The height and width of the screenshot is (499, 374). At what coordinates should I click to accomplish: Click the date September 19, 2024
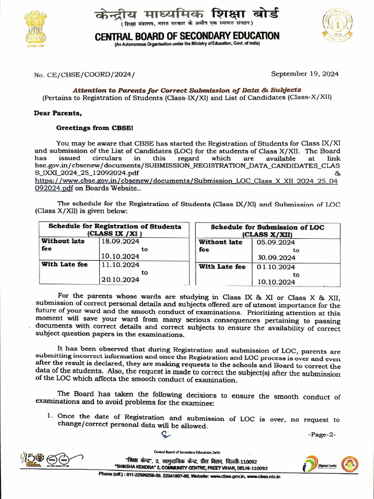tap(305, 74)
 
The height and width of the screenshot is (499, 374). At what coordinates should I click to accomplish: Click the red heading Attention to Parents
tap(187, 90)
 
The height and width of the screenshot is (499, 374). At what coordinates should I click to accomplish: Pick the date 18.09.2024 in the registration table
tap(120, 241)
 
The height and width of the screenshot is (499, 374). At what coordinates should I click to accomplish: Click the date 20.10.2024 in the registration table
tap(120, 280)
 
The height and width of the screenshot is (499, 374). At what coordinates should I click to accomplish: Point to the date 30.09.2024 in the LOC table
tap(276, 258)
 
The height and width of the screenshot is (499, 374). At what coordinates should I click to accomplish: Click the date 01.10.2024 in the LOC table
tap(276, 267)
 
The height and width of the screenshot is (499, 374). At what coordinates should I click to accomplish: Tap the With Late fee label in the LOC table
tap(222, 267)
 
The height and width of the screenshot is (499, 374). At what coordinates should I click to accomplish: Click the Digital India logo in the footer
tap(317, 466)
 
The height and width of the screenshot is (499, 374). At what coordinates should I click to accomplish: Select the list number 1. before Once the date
tap(50, 416)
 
